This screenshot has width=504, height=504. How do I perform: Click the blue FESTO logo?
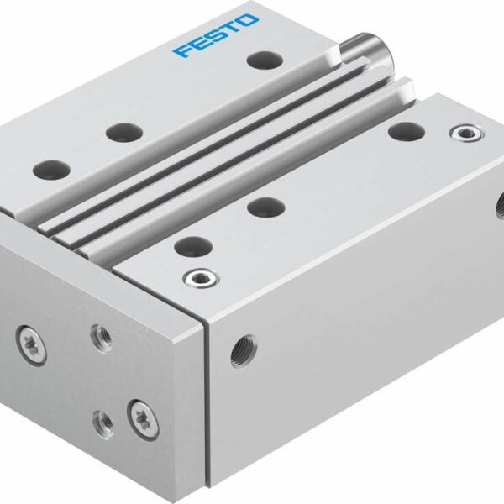coord(216,36)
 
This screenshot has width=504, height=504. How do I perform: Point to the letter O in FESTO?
coord(249,21)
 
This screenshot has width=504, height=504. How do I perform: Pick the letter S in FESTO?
coord(215,36)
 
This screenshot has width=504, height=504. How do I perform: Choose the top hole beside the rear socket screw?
coord(407,130)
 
